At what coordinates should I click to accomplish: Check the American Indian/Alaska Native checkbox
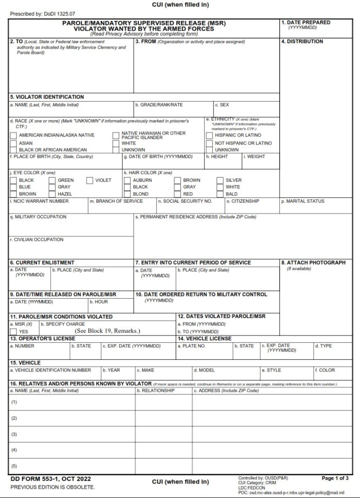[x=13, y=135]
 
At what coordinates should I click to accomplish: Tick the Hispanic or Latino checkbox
[x=209, y=135]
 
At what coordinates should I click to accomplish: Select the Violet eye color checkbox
[x=90, y=180]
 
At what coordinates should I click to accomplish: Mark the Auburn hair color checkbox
[x=127, y=180]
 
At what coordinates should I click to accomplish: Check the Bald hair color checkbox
[x=220, y=194]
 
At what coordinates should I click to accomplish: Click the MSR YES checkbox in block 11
[x=13, y=331]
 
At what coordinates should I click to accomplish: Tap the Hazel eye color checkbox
[x=52, y=194]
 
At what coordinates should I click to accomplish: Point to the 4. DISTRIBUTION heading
[x=302, y=41]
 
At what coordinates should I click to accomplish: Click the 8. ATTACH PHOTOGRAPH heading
[x=313, y=263]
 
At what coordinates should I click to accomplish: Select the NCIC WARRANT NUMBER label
[x=39, y=201]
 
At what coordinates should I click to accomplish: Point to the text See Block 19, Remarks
[x=108, y=331]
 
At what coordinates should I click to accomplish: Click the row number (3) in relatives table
[x=14, y=434]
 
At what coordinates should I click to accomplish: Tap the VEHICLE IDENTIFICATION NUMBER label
[x=51, y=370]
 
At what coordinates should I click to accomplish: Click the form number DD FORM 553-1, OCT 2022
[x=51, y=479]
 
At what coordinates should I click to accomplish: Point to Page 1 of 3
[x=335, y=478]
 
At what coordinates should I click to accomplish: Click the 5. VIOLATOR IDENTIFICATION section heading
[x=47, y=97]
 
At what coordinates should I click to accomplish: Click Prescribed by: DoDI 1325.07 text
[x=43, y=14]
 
